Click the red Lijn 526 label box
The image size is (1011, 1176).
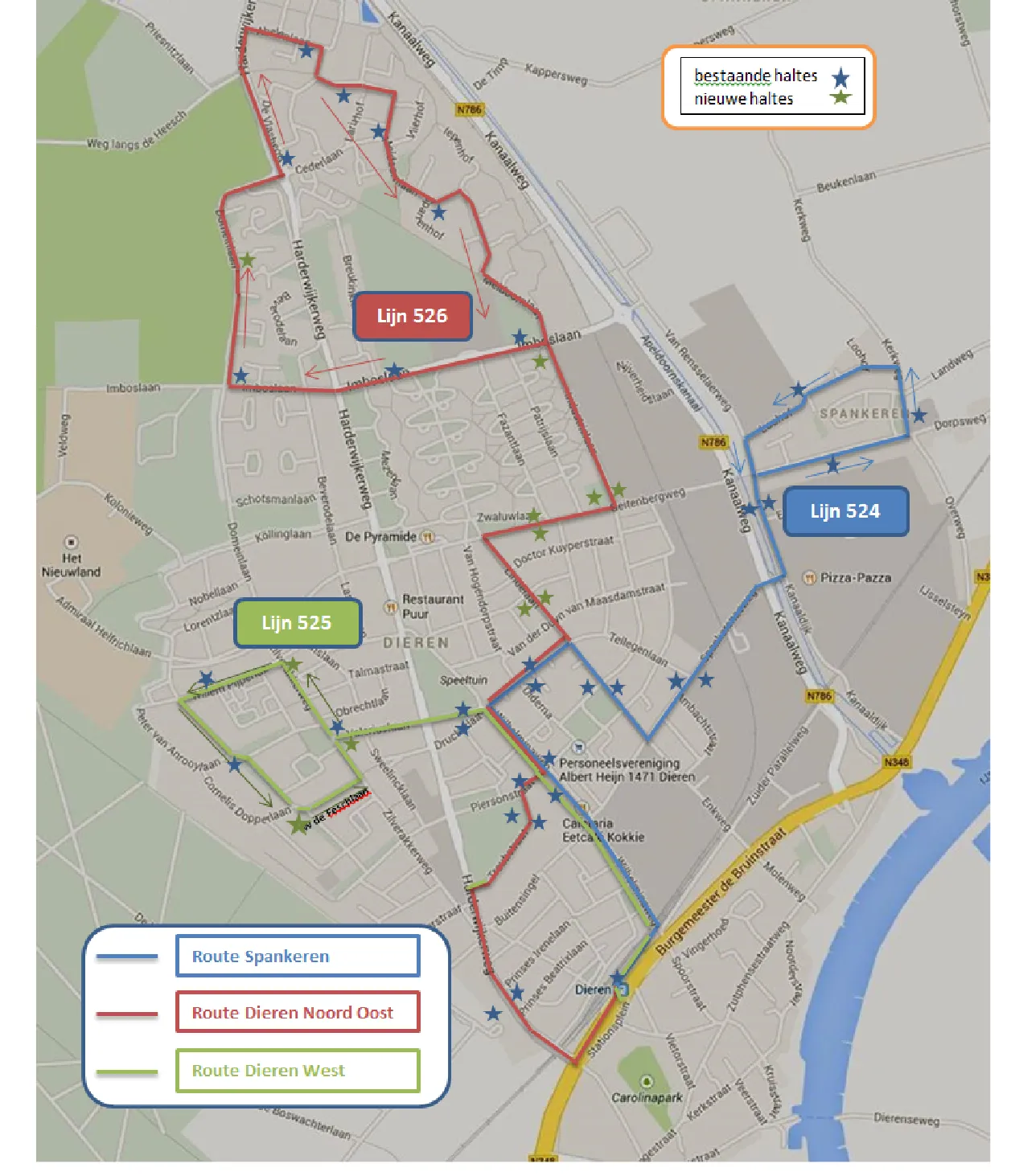(412, 316)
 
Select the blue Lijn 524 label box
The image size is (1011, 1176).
(845, 511)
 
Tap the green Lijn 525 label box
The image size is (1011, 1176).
(296, 623)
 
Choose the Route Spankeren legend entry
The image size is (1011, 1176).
(297, 956)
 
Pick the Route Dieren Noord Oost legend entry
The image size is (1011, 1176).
(297, 1012)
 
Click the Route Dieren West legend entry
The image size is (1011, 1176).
(297, 1070)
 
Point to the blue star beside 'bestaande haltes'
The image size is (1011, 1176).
(840, 78)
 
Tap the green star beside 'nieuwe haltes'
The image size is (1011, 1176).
(840, 97)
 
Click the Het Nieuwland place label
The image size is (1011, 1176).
(72, 564)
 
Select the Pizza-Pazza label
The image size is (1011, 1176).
(855, 577)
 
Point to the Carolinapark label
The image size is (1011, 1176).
(647, 1096)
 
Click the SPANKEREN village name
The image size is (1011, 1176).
(863, 413)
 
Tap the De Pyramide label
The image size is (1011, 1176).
(380, 536)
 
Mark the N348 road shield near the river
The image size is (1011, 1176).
(896, 762)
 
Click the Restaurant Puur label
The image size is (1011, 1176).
(432, 606)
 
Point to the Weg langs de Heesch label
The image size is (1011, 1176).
(137, 133)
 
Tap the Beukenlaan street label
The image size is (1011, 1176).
(846, 182)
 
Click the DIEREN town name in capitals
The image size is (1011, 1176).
(416, 643)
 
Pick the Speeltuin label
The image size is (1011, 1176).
(463, 680)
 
